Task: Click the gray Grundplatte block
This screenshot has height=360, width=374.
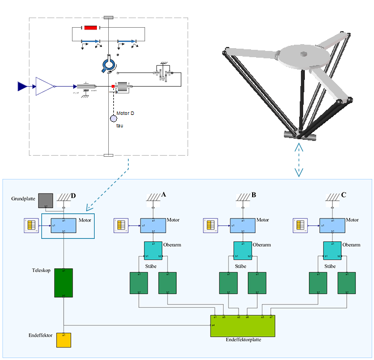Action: tap(45, 201)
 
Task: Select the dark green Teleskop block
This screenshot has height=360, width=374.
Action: tap(63, 282)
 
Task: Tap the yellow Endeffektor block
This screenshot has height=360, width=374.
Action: tap(63, 340)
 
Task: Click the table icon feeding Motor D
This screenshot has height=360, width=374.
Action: tap(32, 225)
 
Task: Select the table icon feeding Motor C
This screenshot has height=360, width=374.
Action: tap(300, 225)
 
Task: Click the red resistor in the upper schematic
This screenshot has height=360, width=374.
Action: tap(91, 28)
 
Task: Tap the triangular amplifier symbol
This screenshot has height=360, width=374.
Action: tap(45, 86)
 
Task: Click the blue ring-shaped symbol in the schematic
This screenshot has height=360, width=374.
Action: tap(108, 65)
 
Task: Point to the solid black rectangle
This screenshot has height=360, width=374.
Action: tap(107, 170)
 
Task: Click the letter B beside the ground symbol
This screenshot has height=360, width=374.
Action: tap(254, 195)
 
